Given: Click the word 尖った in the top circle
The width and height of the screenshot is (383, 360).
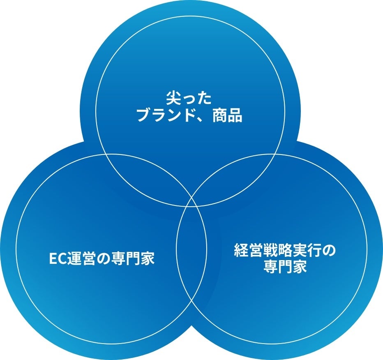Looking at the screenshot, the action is pyautogui.click(x=189, y=99).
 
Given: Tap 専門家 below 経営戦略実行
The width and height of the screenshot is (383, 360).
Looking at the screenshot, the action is pyautogui.click(x=284, y=267).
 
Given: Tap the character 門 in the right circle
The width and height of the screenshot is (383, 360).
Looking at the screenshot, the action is pyautogui.click(x=284, y=267).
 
